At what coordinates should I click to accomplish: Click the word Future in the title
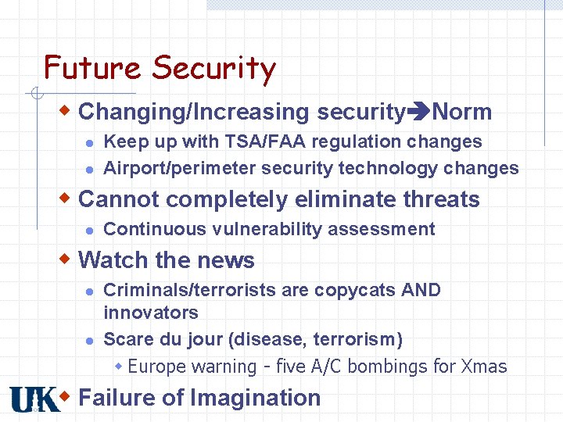(x=93, y=68)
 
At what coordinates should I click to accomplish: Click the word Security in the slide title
(x=213, y=70)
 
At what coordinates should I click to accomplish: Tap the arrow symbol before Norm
(x=418, y=113)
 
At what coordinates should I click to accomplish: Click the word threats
(x=441, y=199)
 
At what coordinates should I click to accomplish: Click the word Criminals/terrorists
(x=190, y=290)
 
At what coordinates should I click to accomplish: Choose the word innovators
(x=150, y=313)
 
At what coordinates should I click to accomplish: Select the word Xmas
(x=484, y=367)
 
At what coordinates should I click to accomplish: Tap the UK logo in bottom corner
(x=34, y=399)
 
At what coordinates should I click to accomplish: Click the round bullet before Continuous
(x=89, y=230)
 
